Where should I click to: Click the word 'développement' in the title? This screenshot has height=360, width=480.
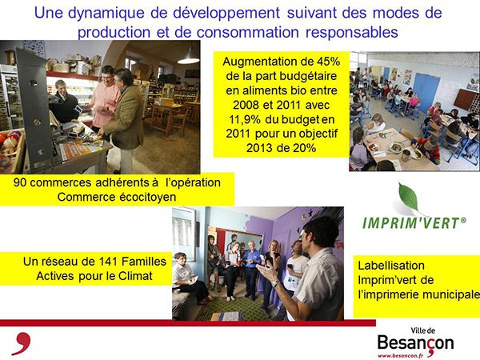click(x=226, y=13)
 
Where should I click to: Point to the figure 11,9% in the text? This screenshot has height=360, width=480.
click(x=245, y=119)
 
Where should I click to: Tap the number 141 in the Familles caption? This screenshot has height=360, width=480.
click(x=108, y=262)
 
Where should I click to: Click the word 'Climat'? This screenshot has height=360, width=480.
click(x=135, y=276)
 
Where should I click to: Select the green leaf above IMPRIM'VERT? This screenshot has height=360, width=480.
click(x=409, y=197)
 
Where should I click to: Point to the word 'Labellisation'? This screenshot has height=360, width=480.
click(x=391, y=266)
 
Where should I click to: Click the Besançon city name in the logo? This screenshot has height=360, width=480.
click(x=415, y=343)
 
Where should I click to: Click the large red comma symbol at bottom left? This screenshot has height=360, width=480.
click(x=22, y=343)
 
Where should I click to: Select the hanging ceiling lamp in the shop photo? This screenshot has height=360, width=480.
click(x=188, y=57)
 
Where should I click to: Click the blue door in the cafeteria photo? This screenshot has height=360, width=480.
click(x=426, y=90)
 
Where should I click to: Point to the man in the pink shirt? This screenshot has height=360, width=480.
click(x=105, y=98)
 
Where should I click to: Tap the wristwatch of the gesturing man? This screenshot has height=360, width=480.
click(x=274, y=283)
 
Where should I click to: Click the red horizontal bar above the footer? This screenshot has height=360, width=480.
click(x=188, y=322)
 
